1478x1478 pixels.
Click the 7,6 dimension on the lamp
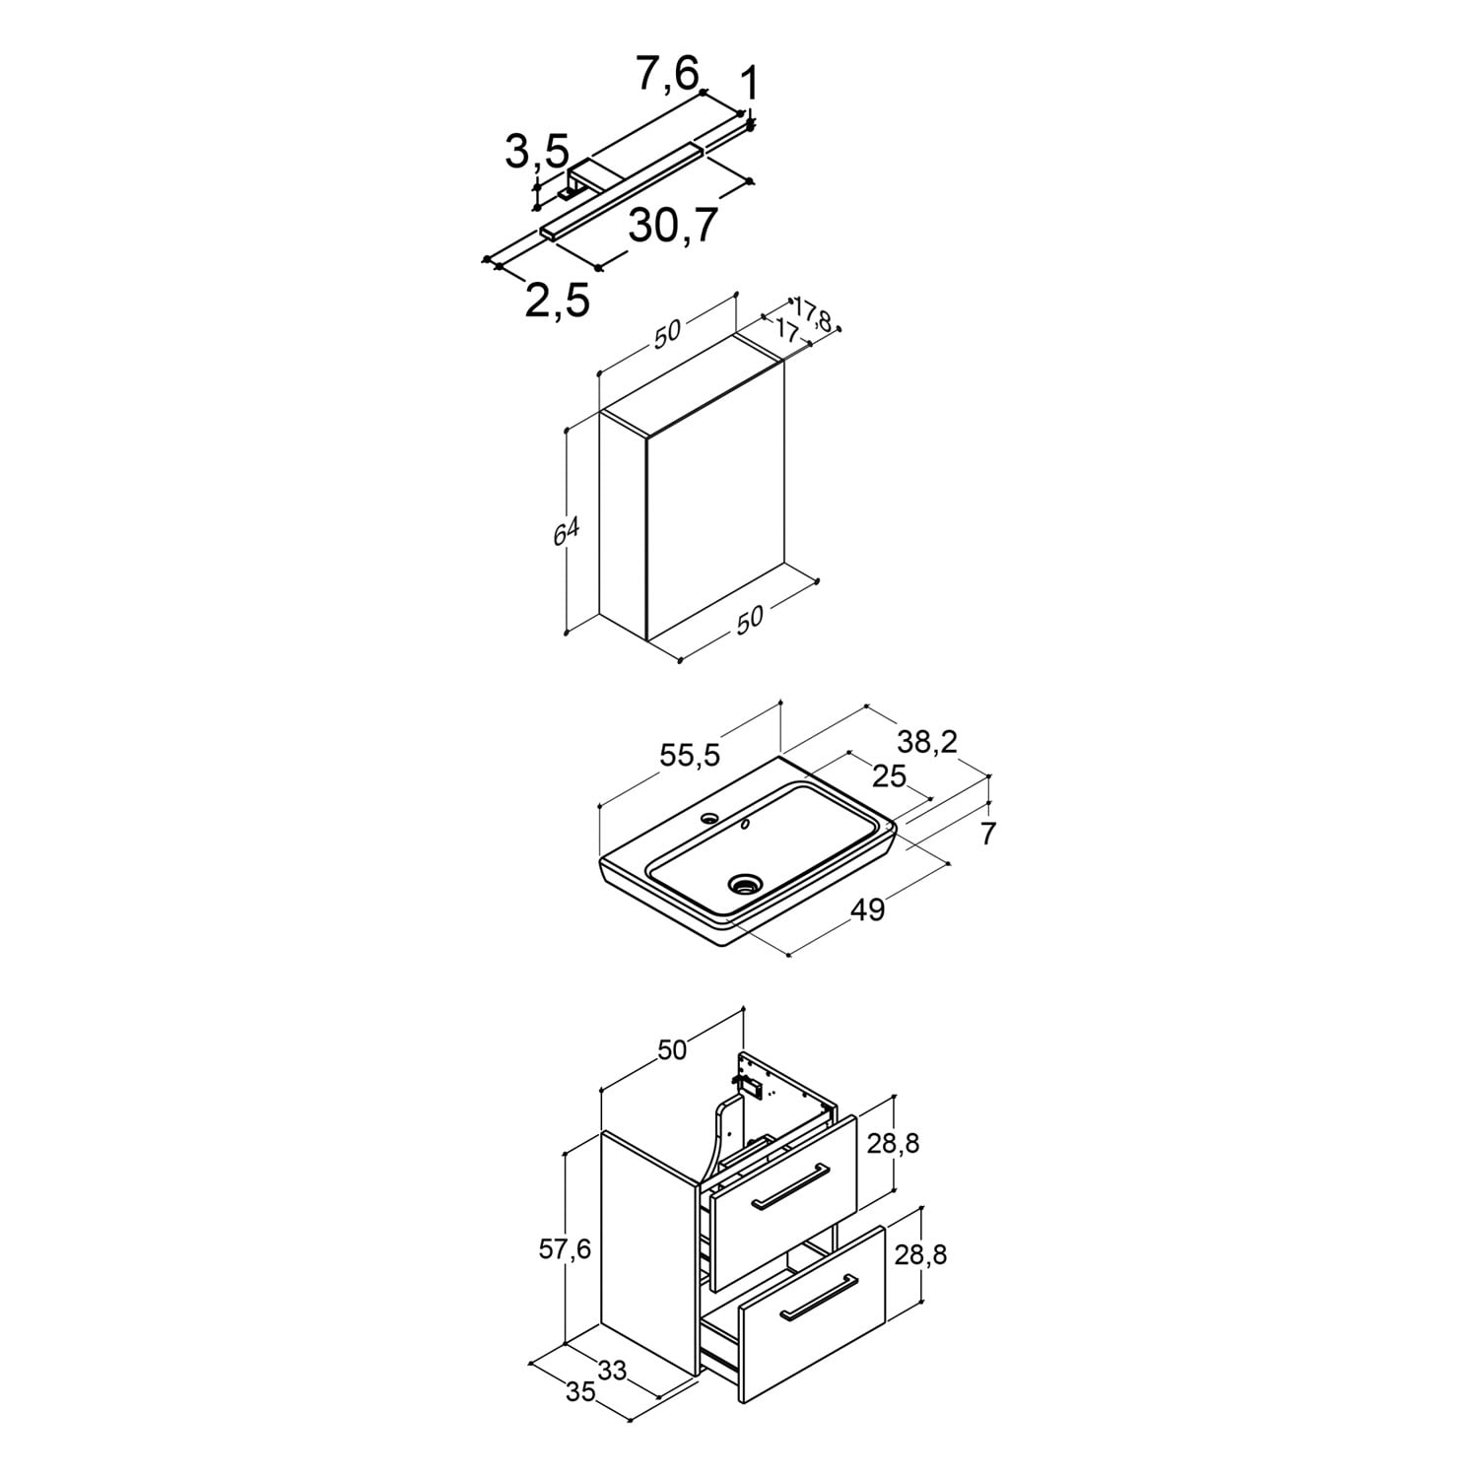pyautogui.click(x=667, y=73)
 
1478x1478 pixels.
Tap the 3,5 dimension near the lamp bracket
pyautogui.click(x=537, y=151)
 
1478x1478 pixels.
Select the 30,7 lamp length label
pyautogui.click(x=674, y=226)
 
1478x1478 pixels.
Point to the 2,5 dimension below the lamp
pyautogui.click(x=558, y=300)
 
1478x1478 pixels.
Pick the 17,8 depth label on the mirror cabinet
pyautogui.click(x=814, y=315)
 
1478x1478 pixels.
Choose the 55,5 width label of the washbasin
pyautogui.click(x=691, y=755)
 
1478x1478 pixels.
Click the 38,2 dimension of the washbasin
pyautogui.click(x=927, y=742)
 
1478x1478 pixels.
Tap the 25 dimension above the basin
pyautogui.click(x=890, y=776)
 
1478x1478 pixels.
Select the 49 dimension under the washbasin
pyautogui.click(x=868, y=909)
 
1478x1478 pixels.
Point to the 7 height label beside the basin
pyautogui.click(x=988, y=834)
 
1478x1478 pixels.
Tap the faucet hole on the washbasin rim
pyautogui.click(x=708, y=818)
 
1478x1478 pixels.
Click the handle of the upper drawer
pyautogui.click(x=789, y=1185)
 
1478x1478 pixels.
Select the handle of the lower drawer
pyautogui.click(x=818, y=1297)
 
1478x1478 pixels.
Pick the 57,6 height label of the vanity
pyautogui.click(x=565, y=1249)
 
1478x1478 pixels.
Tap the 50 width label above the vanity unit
pyautogui.click(x=671, y=1050)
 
